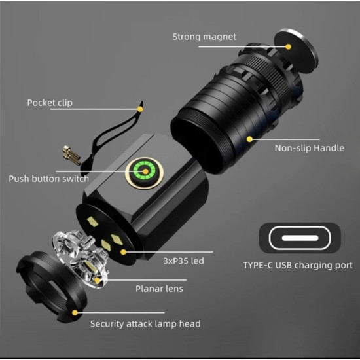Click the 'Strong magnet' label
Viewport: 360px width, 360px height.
click(x=204, y=37)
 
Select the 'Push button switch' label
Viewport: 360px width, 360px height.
click(x=49, y=178)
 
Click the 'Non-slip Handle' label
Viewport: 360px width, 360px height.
click(x=309, y=148)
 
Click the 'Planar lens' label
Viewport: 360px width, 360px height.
click(x=159, y=288)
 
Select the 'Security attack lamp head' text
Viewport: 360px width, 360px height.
click(x=145, y=323)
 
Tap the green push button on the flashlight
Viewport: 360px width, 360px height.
click(x=144, y=173)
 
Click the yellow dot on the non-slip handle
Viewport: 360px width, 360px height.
click(x=249, y=138)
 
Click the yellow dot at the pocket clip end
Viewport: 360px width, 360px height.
click(x=139, y=103)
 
